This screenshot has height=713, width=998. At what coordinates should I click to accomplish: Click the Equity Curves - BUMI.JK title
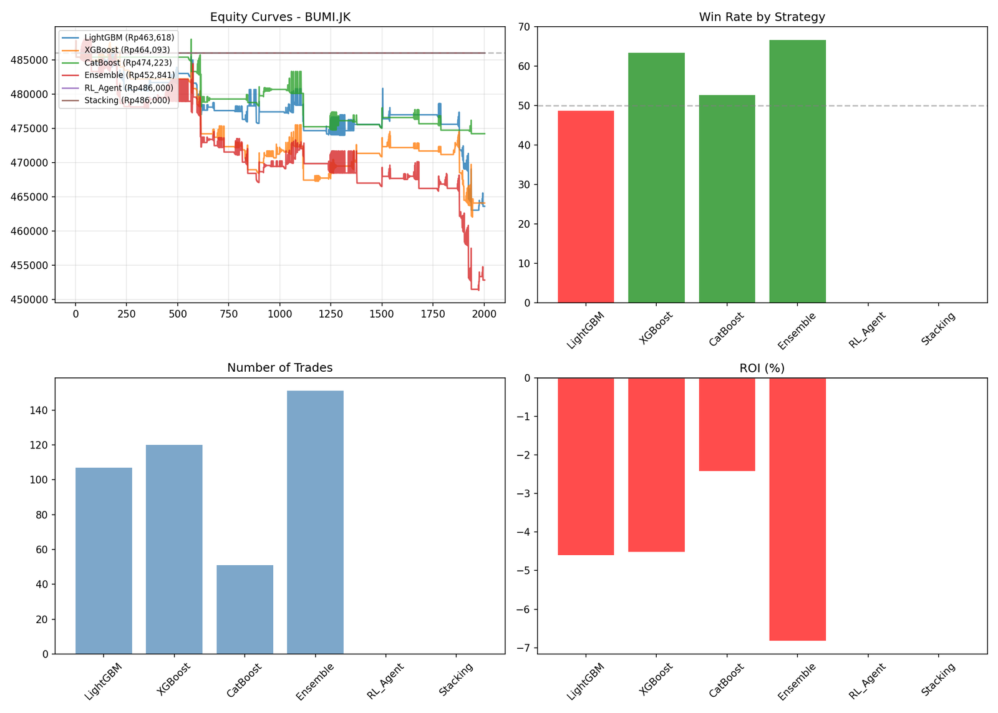pyautogui.click(x=280, y=17)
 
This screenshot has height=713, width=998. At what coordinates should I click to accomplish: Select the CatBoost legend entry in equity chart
pyautogui.click(x=127, y=63)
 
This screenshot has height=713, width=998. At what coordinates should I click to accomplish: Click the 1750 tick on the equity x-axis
pyautogui.click(x=433, y=314)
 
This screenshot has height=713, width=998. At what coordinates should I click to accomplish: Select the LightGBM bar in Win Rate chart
pyautogui.click(x=586, y=206)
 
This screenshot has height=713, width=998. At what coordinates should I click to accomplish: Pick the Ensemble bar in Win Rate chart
pyautogui.click(x=797, y=172)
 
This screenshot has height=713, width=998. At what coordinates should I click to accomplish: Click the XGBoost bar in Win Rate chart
pyautogui.click(x=656, y=178)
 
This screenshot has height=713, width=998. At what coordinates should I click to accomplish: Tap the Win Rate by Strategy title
pyautogui.click(x=762, y=17)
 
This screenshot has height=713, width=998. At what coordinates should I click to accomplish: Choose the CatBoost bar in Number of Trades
pyautogui.click(x=245, y=609)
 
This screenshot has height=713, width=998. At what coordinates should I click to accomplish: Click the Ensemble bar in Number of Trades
pyautogui.click(x=315, y=522)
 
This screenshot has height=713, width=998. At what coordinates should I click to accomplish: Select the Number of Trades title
pyautogui.click(x=280, y=368)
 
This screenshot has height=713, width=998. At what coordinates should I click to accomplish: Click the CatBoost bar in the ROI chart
pyautogui.click(x=727, y=424)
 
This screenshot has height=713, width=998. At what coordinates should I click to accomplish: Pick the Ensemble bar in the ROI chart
pyautogui.click(x=797, y=509)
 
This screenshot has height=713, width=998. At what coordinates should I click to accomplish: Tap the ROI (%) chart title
pyautogui.click(x=762, y=368)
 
